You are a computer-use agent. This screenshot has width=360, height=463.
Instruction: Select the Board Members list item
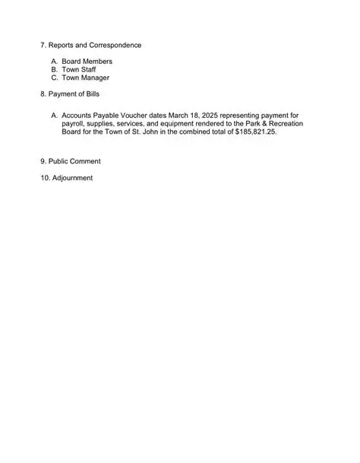(91, 61)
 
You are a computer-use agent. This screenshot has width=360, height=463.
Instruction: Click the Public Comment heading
(74, 161)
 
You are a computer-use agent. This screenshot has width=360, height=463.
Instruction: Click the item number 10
(44, 178)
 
